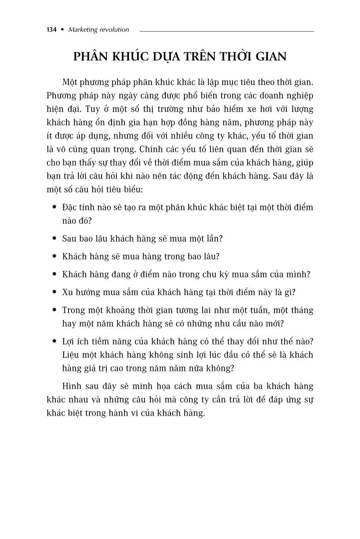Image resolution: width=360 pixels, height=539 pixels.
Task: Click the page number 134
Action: [x=51, y=30]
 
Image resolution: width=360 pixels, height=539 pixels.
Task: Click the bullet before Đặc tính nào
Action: [x=55, y=207]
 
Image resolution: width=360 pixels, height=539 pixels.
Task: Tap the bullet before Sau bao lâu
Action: [x=55, y=239]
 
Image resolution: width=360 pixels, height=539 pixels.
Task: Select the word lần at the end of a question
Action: [x=214, y=239]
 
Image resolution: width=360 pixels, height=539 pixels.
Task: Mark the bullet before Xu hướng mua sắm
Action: [x=55, y=292]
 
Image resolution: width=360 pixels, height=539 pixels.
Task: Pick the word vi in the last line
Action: [x=131, y=413]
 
